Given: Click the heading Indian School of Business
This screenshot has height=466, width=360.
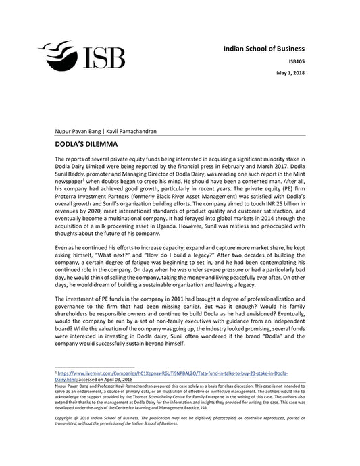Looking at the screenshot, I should [x=264, y=49].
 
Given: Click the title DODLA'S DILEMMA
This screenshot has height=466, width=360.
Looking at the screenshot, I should [x=86, y=144].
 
